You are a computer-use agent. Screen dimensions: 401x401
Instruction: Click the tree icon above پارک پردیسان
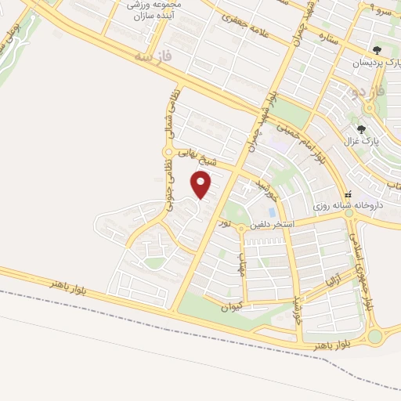378,51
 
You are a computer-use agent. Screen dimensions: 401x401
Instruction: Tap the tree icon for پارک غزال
361,129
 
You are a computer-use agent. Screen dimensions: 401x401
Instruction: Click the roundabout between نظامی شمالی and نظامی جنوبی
168,151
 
